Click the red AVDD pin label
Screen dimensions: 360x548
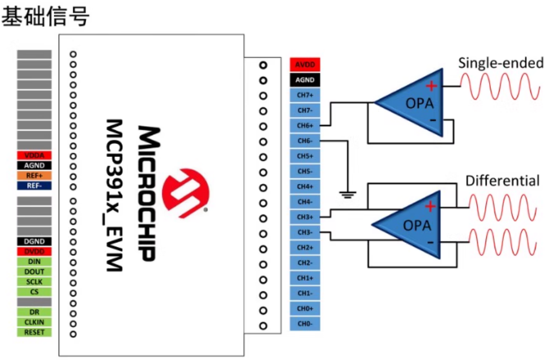click(x=305, y=65)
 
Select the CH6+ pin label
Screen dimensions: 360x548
click(x=305, y=125)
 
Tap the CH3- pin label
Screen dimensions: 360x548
click(x=305, y=232)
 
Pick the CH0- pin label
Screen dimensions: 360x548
click(x=305, y=324)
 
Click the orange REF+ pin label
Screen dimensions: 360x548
click(x=35, y=175)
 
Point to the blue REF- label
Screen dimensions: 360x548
click(x=35, y=185)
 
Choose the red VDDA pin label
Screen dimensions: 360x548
click(x=35, y=155)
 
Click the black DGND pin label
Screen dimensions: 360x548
click(x=35, y=241)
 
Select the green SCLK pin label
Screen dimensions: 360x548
click(x=35, y=282)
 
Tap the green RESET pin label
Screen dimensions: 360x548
click(x=35, y=332)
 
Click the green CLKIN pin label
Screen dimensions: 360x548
click(x=35, y=322)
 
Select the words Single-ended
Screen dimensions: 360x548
click(x=501, y=63)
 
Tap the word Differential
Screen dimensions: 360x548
click(x=502, y=181)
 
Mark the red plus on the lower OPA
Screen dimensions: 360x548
click(x=430, y=206)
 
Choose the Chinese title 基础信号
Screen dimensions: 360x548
click(x=45, y=16)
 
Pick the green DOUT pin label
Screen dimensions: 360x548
click(x=35, y=272)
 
